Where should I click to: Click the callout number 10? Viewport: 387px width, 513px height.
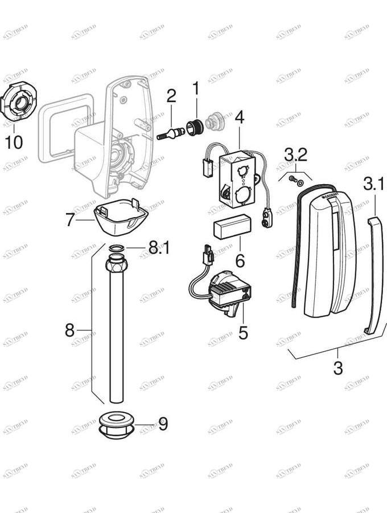pyautogui.click(x=14, y=141)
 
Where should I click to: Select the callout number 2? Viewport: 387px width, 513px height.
pyautogui.click(x=171, y=96)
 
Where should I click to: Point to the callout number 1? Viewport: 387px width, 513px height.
pyautogui.click(x=196, y=89)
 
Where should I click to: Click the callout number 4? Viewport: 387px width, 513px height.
pyautogui.click(x=239, y=117)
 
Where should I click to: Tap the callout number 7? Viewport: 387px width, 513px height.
pyautogui.click(x=69, y=219)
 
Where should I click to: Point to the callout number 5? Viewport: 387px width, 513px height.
pyautogui.click(x=243, y=333)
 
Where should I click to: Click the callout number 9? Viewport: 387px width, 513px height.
pyautogui.click(x=163, y=424)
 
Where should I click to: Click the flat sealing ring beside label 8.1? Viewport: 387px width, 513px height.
pyautogui.click(x=116, y=249)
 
